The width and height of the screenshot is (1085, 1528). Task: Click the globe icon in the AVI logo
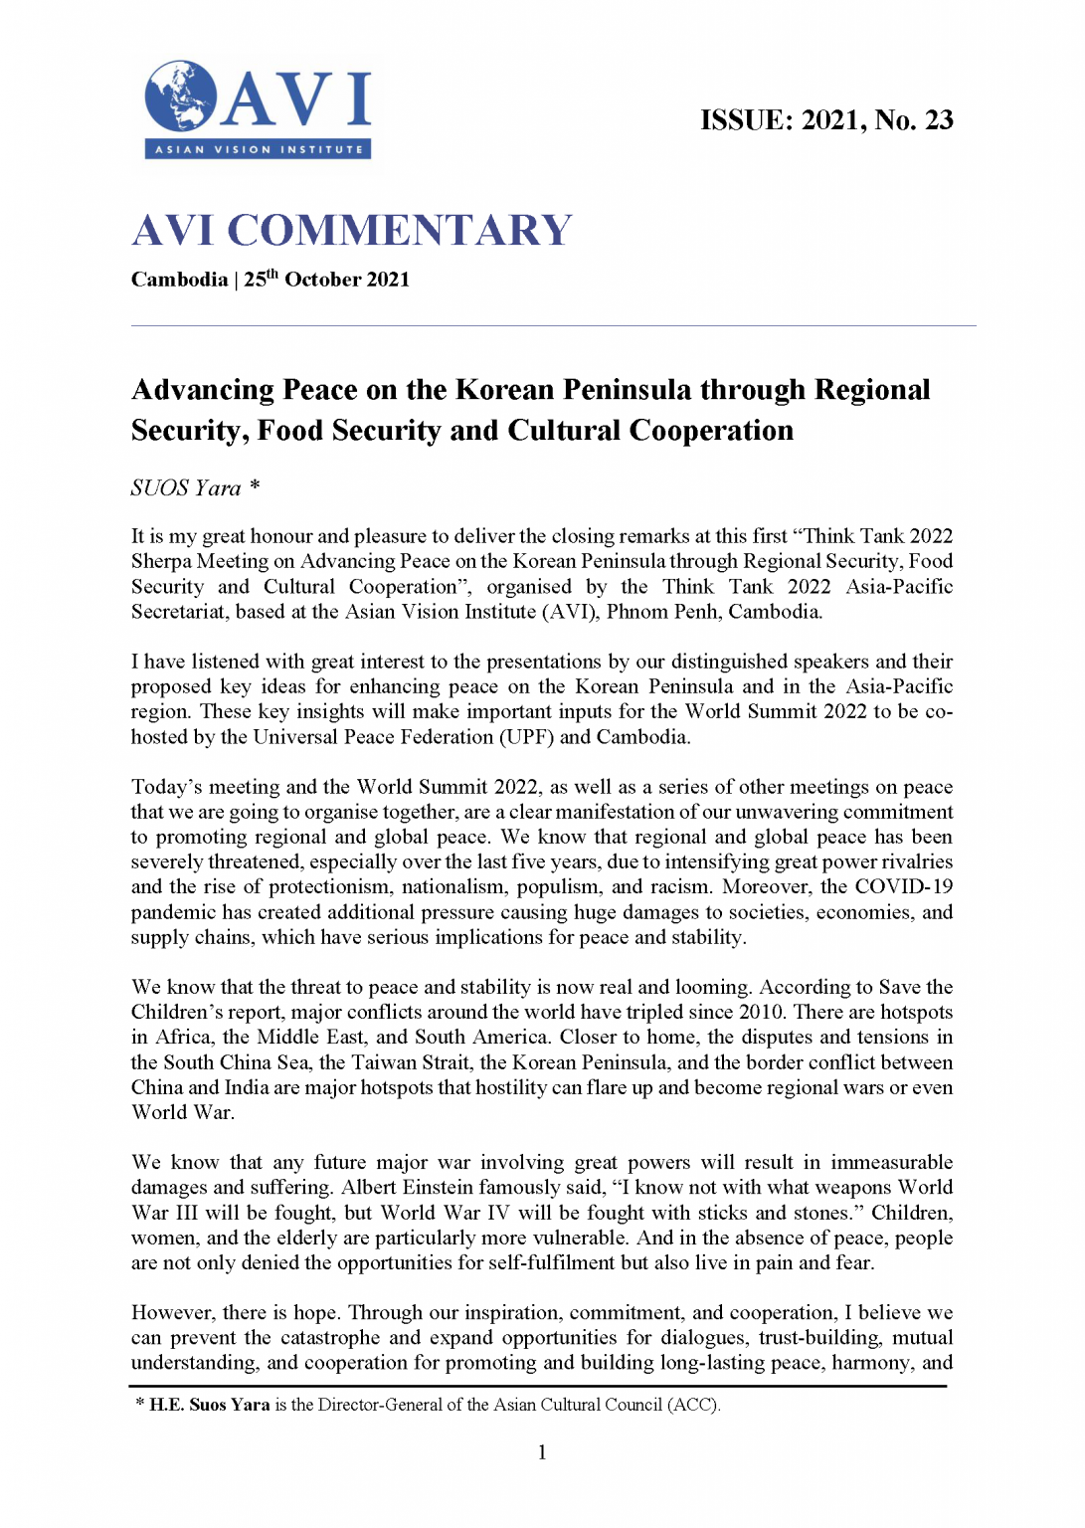click(180, 96)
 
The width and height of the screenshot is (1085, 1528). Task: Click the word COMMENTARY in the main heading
click(400, 231)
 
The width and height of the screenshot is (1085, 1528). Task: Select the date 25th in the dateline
click(261, 280)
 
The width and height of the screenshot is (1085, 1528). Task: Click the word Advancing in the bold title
click(203, 390)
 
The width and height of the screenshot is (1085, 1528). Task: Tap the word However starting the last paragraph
click(173, 1313)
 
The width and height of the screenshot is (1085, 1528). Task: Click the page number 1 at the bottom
click(542, 1452)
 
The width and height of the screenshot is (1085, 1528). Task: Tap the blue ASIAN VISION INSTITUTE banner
click(259, 150)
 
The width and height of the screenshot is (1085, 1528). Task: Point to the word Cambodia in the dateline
click(179, 280)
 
